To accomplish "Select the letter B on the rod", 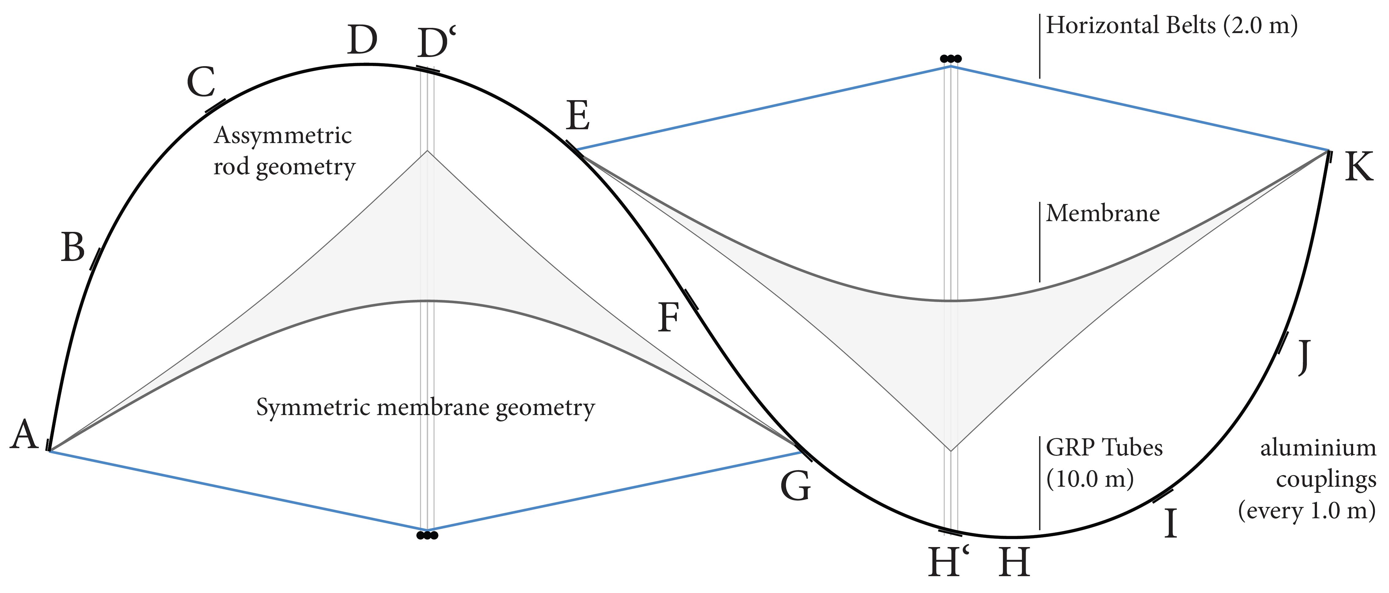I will coord(73,248).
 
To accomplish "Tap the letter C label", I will coord(201,82).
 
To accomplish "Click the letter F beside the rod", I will coord(669,318).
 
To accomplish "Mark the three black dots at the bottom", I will coord(427,536).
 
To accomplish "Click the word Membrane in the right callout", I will coord(1103,213).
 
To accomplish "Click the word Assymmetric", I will coord(283,135).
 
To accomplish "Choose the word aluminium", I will coord(1318,448).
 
